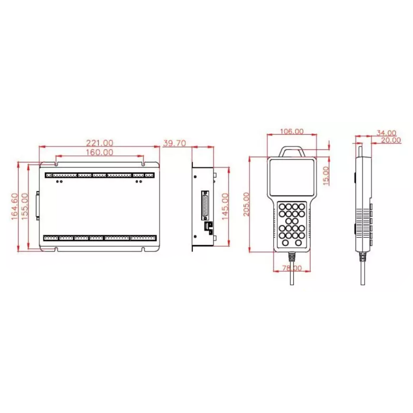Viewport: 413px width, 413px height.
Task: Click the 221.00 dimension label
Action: (x=100, y=143)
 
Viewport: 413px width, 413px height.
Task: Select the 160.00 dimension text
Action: (x=100, y=152)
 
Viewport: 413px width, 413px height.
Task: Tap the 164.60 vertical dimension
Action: (x=15, y=206)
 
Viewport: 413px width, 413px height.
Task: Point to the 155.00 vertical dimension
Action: (x=24, y=206)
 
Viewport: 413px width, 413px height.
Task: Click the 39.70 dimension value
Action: (x=174, y=143)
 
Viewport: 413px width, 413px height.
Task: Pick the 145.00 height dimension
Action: (x=225, y=206)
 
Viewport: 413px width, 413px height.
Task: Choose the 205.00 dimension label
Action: (x=246, y=204)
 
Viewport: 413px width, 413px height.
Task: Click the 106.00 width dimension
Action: (x=292, y=131)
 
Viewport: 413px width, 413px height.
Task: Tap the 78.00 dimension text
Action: (x=292, y=268)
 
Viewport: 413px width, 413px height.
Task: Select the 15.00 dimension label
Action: (x=326, y=176)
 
